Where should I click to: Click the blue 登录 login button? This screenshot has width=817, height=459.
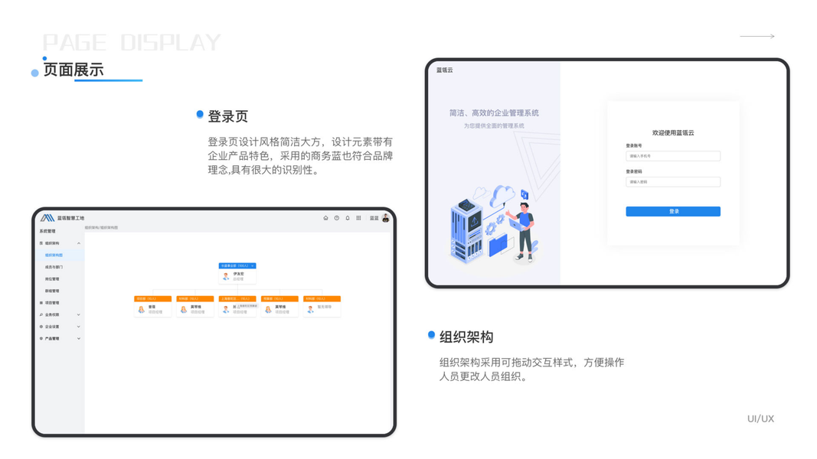tap(672, 211)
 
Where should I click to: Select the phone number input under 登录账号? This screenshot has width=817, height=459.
tap(672, 156)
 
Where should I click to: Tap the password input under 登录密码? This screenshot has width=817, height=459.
tap(672, 182)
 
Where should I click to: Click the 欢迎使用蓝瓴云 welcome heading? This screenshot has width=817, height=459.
tap(672, 133)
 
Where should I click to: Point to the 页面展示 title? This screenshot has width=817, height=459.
tap(74, 70)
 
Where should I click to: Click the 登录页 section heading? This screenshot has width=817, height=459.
tap(228, 117)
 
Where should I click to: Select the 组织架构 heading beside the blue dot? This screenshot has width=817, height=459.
tap(466, 337)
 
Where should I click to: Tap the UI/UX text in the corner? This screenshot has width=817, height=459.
tap(760, 419)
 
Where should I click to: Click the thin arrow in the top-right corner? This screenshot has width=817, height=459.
tap(757, 36)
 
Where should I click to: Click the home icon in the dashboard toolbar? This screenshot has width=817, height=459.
tap(325, 218)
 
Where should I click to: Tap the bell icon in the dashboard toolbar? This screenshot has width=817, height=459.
tap(348, 218)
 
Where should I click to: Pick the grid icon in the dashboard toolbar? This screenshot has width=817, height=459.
tap(358, 218)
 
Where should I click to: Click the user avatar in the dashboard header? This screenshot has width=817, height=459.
tap(386, 218)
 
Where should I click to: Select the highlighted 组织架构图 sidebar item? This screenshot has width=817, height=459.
tap(54, 256)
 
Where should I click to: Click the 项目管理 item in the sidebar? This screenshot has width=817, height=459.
tap(52, 303)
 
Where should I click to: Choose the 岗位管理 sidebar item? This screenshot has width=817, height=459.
tap(52, 279)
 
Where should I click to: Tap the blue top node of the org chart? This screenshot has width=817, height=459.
tap(237, 266)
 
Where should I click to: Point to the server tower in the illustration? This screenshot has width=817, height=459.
tap(467, 229)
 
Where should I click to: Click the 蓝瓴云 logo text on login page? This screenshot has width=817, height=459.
tap(445, 70)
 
